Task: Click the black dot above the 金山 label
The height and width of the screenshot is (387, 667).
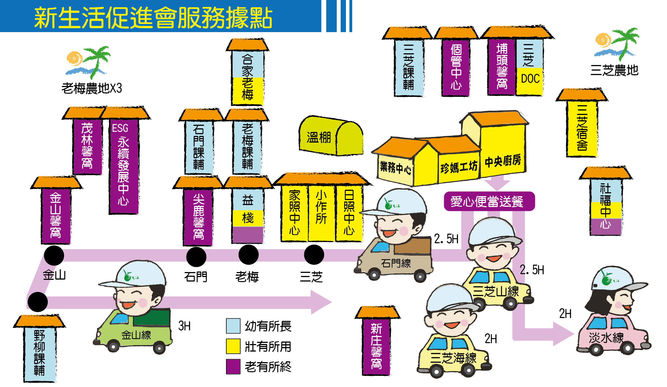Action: [54, 255]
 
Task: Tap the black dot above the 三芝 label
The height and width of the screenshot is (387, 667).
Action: [314, 254]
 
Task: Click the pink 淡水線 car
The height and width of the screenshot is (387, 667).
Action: [613, 335]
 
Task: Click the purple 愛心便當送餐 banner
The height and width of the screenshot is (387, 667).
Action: [489, 201]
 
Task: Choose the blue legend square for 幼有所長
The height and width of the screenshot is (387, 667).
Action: [233, 326]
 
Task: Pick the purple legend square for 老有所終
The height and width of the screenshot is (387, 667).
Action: [233, 366]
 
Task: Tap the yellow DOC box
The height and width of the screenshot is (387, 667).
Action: [529, 81]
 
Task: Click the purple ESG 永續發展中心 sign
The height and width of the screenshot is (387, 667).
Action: [124, 166]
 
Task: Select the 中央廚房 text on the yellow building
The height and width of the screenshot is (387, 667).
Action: [503, 161]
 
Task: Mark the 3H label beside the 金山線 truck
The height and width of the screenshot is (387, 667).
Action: [184, 326]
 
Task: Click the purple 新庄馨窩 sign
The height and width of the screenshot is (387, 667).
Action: [376, 346]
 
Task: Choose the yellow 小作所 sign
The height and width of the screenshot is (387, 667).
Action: [321, 212]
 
